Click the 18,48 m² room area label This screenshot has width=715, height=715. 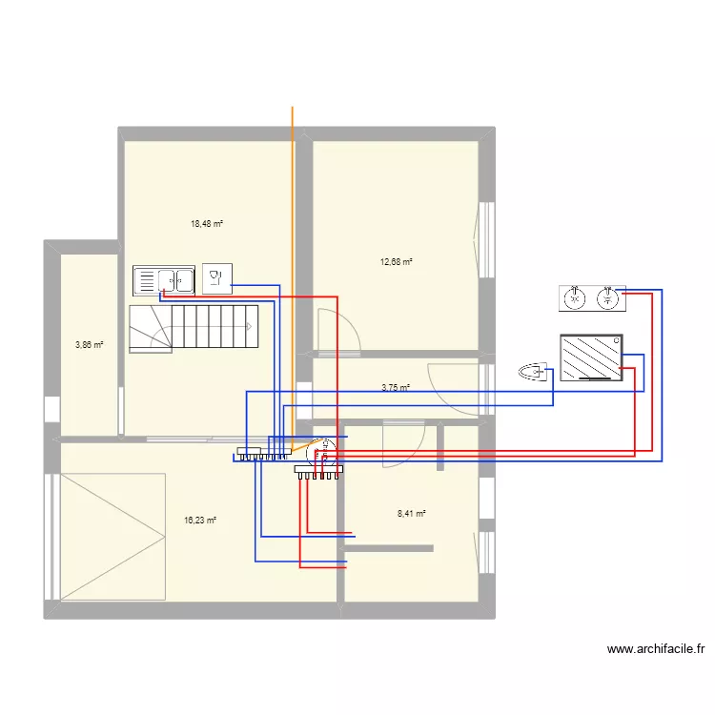[207, 224]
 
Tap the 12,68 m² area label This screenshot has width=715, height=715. [397, 262]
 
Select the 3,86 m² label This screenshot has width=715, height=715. [90, 345]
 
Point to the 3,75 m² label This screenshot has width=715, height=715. [396, 388]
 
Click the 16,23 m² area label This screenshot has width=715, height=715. [200, 520]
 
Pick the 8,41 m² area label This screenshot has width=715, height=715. [412, 514]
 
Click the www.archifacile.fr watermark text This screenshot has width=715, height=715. [656, 649]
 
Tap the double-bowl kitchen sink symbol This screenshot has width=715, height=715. [164, 280]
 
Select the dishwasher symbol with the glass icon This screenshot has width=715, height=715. [217, 278]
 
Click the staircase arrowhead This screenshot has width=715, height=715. [250, 326]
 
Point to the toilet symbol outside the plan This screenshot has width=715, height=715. [533, 372]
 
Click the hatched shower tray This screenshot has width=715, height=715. [591, 357]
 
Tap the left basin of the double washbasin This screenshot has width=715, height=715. [575, 298]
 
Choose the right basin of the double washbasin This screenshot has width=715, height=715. [608, 298]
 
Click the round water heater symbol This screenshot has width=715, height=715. [322, 452]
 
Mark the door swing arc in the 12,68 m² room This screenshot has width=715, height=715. [346, 319]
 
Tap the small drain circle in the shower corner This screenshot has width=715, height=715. [616, 340]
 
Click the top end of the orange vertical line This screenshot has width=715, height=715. [293, 107]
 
